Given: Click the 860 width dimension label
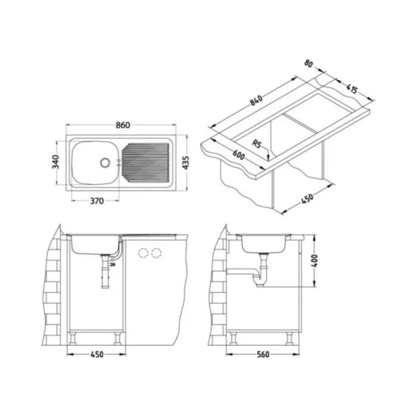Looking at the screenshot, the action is tap(123, 125).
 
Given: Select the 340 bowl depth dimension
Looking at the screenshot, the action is tap(55, 161).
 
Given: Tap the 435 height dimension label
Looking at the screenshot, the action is tap(186, 163).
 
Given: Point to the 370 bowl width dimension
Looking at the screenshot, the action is tap(97, 201).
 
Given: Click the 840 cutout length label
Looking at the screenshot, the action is tap(256, 100).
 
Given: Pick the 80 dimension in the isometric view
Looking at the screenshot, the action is tap(309, 64).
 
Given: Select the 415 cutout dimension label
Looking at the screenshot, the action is tap(352, 89).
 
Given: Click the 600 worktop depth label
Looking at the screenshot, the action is tap(238, 155).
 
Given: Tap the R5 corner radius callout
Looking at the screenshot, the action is tap(257, 144).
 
